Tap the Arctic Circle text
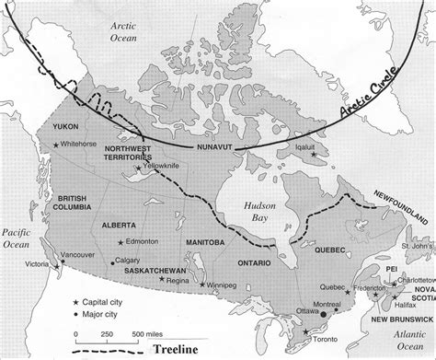(365, 99)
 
